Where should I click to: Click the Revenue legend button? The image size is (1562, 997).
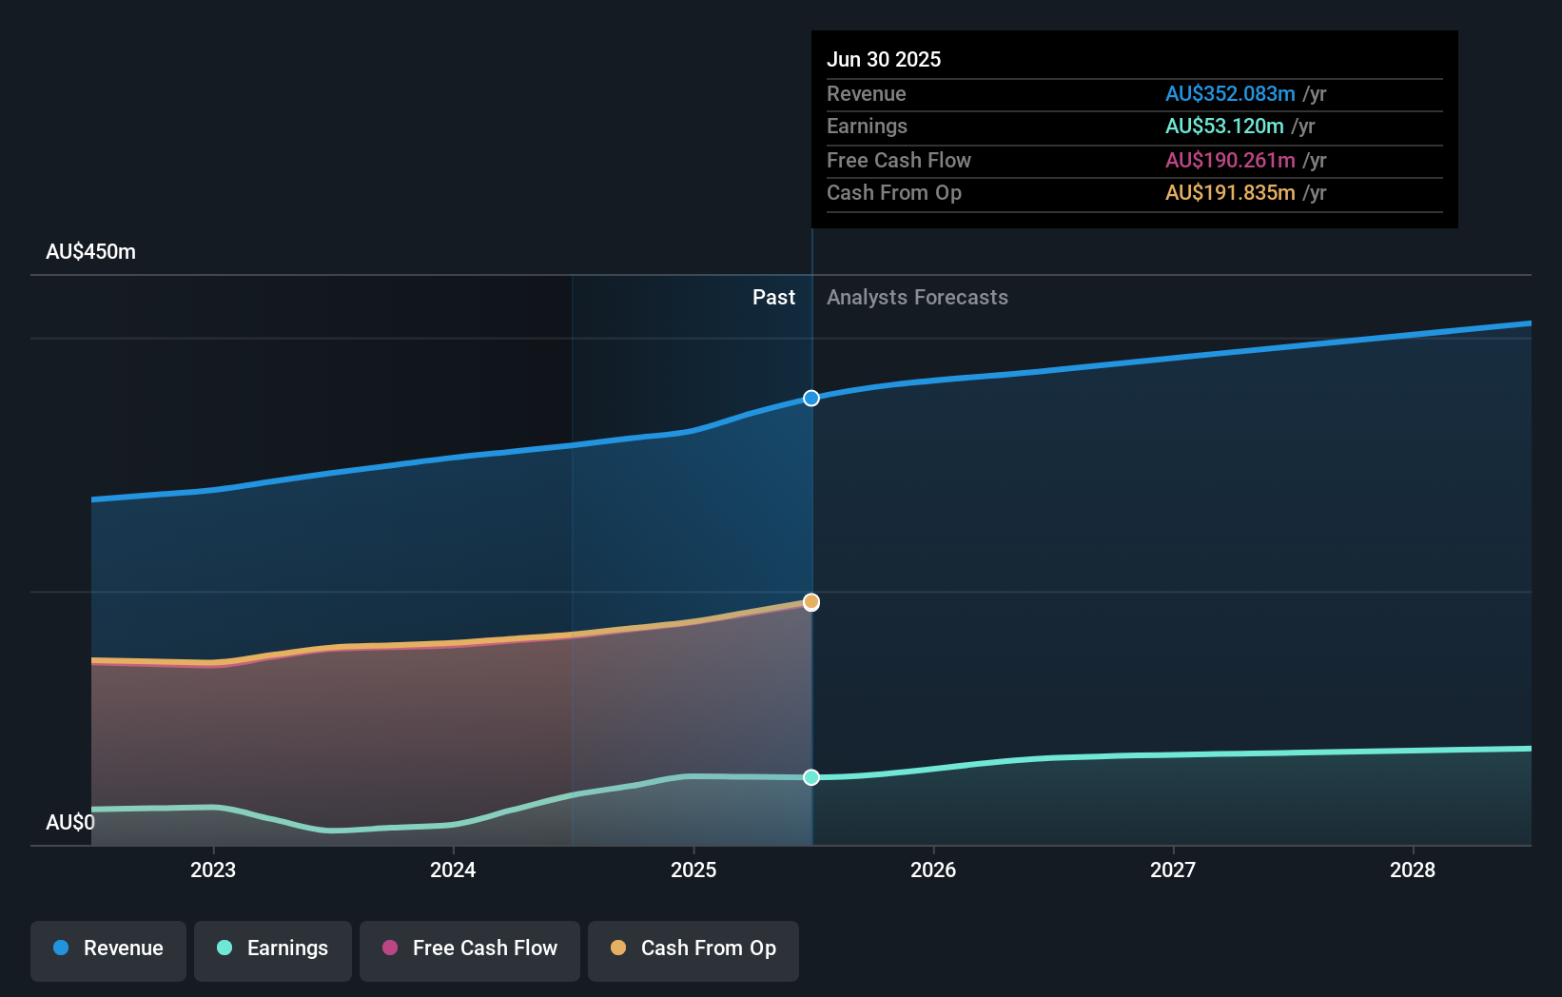(x=108, y=949)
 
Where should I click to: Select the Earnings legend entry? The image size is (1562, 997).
(x=273, y=949)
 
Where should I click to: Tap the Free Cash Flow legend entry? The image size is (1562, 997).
(x=470, y=949)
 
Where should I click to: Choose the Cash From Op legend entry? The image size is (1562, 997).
(x=693, y=949)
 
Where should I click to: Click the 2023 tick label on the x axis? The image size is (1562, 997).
(x=213, y=870)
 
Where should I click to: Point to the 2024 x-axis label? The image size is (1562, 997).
(x=453, y=870)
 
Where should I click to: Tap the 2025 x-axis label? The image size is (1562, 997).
(x=693, y=870)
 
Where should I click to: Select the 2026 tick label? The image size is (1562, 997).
(x=933, y=870)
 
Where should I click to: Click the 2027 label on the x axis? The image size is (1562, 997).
(x=1173, y=870)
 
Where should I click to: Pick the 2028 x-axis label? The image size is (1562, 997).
(x=1413, y=870)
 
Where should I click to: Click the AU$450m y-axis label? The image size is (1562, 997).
(x=90, y=252)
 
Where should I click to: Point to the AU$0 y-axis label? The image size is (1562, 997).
(x=70, y=823)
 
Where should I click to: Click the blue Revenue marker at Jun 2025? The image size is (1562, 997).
(x=811, y=399)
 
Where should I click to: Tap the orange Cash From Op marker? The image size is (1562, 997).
(x=811, y=602)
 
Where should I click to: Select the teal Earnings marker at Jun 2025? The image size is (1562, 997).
(x=811, y=777)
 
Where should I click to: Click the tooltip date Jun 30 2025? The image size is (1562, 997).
(x=884, y=60)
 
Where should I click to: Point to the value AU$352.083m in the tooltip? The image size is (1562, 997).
(x=1230, y=94)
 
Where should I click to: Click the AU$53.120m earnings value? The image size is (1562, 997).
(x=1224, y=127)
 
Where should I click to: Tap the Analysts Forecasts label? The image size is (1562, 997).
(x=917, y=298)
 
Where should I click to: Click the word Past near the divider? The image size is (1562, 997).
(x=773, y=298)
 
